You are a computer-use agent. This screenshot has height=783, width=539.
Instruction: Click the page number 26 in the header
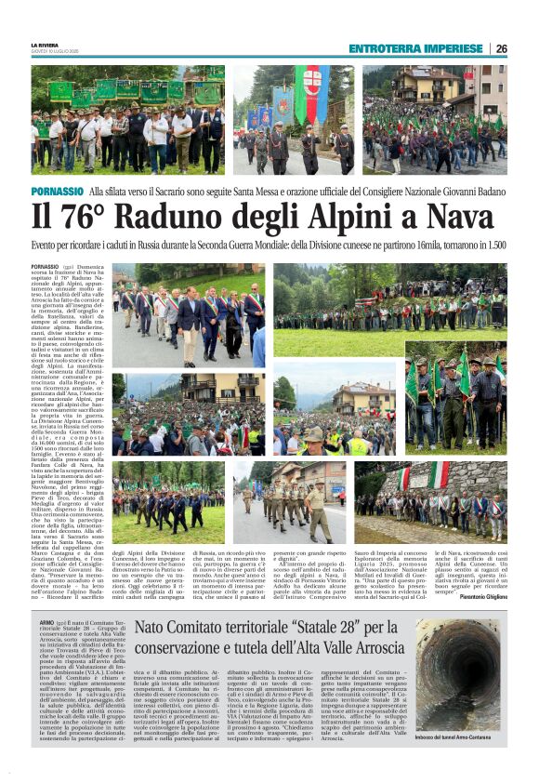click(x=500, y=48)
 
